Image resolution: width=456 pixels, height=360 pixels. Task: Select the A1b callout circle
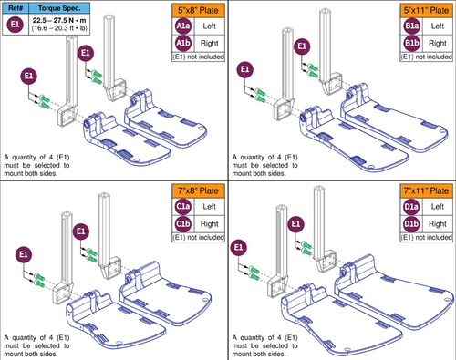pyautogui.click(x=183, y=43)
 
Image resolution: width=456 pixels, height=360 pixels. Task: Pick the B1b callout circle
pyautogui.click(x=411, y=43)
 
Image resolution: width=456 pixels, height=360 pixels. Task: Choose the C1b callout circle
pyautogui.click(x=183, y=222)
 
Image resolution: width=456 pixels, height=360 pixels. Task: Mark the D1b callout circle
pyautogui.click(x=411, y=222)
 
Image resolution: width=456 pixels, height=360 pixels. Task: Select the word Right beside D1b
pyautogui.click(x=437, y=222)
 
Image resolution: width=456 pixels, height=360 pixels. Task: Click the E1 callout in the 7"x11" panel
pyautogui.click(x=240, y=246)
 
